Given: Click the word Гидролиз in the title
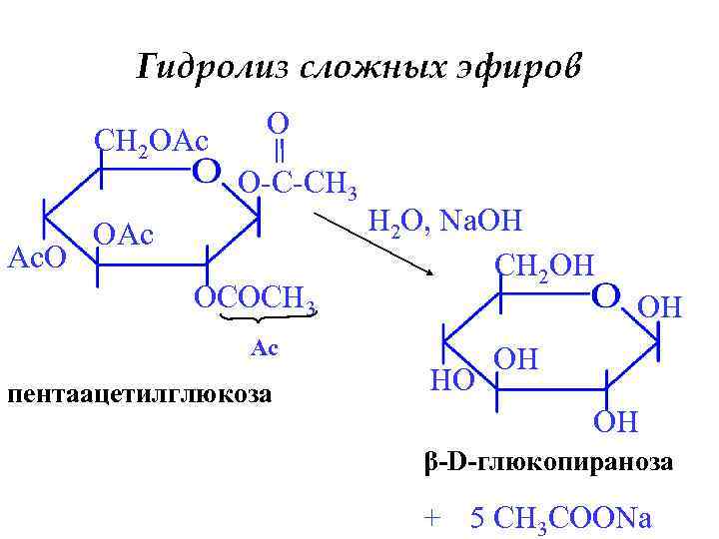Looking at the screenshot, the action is (x=211, y=68).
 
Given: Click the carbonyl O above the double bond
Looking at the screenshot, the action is (x=279, y=123).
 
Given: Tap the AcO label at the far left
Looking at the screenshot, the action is (x=37, y=257).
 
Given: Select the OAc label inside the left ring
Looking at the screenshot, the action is (x=124, y=237).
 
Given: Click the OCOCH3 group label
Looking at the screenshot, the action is (x=256, y=296).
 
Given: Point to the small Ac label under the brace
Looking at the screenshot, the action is (x=264, y=347).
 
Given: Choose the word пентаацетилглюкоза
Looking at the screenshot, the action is (x=139, y=392).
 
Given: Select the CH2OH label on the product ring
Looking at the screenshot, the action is (x=544, y=265).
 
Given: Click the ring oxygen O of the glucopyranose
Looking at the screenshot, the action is (x=607, y=295).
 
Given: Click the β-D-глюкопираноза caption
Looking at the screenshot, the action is (x=548, y=464).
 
